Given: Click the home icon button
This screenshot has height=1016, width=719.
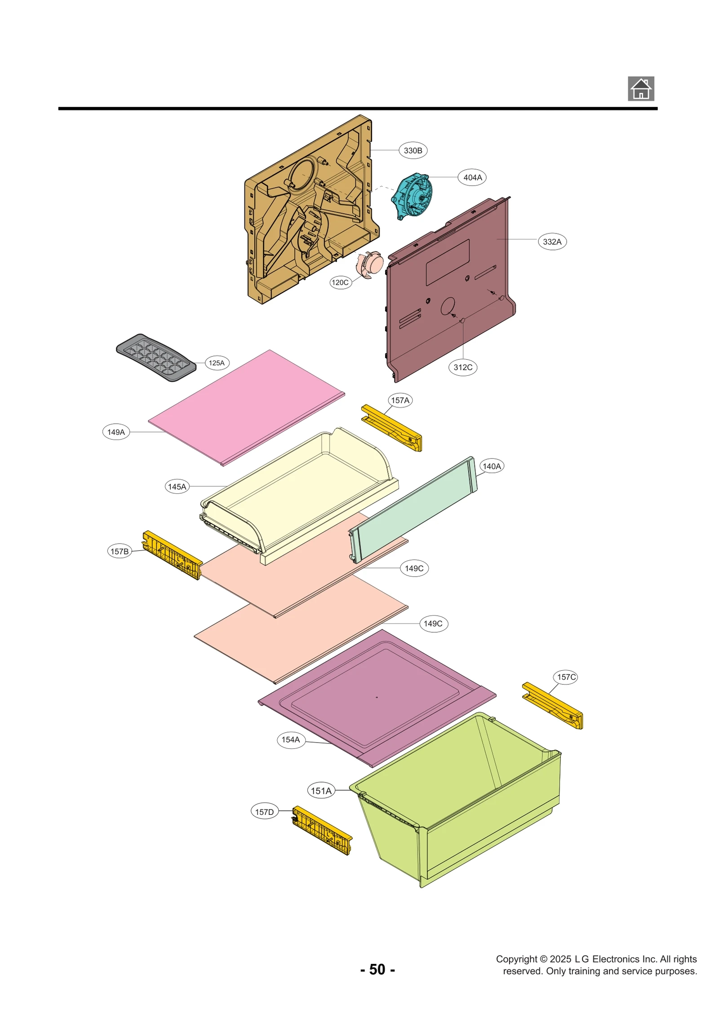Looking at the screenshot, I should click(x=640, y=89).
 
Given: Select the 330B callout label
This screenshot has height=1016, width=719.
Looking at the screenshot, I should click(x=413, y=150).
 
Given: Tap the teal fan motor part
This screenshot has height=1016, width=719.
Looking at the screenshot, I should click(x=412, y=196).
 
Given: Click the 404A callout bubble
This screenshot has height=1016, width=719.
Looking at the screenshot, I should click(x=472, y=177).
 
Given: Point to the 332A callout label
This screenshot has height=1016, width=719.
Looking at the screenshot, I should click(x=552, y=242).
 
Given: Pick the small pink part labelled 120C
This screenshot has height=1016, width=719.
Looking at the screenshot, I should click(x=369, y=264).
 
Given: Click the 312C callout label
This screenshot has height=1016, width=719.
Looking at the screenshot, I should click(x=462, y=367).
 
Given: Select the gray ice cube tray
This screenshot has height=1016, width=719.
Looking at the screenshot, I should click(x=156, y=357).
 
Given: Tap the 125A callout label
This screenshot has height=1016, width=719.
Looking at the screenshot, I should click(x=216, y=363).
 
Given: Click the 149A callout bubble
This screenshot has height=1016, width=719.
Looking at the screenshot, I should click(x=116, y=432).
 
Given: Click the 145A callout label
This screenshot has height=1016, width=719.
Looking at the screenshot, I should click(x=177, y=487).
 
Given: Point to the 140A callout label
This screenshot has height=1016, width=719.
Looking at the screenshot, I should click(x=491, y=466).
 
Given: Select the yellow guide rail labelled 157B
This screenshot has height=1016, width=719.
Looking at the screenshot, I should click(x=173, y=555).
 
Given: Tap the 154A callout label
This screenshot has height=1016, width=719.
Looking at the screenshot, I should click(x=290, y=739).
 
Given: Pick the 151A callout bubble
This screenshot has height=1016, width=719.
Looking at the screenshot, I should click(x=321, y=791).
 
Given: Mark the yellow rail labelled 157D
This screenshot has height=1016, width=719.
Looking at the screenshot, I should click(x=322, y=830).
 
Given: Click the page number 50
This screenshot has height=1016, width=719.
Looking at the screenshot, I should click(x=377, y=969).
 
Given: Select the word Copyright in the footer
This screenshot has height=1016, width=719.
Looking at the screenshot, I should click(x=516, y=959).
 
